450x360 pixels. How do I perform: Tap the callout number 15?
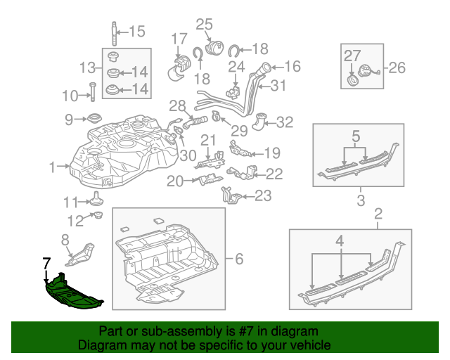[x=136, y=31]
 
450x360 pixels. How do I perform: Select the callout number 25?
[x=204, y=25]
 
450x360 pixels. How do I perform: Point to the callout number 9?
[x=70, y=120]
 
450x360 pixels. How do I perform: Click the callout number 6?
[x=238, y=259]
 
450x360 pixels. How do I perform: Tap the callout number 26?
[x=397, y=68]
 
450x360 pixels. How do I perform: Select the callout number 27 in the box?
[x=352, y=55]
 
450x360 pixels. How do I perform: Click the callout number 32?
[x=284, y=122]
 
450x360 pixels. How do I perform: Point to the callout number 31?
[x=279, y=86]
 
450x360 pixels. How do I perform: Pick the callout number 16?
[x=292, y=67]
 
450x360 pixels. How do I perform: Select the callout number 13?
[x=88, y=68]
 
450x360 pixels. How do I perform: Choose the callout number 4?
[x=340, y=241]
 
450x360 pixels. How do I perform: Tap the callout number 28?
[x=176, y=105]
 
